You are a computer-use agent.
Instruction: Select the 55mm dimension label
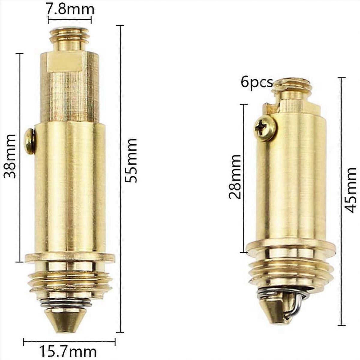131,160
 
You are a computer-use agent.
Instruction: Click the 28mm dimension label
235,177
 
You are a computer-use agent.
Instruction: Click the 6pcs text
257,82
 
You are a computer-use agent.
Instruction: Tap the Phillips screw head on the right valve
265,128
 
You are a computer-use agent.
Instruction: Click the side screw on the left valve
29,141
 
